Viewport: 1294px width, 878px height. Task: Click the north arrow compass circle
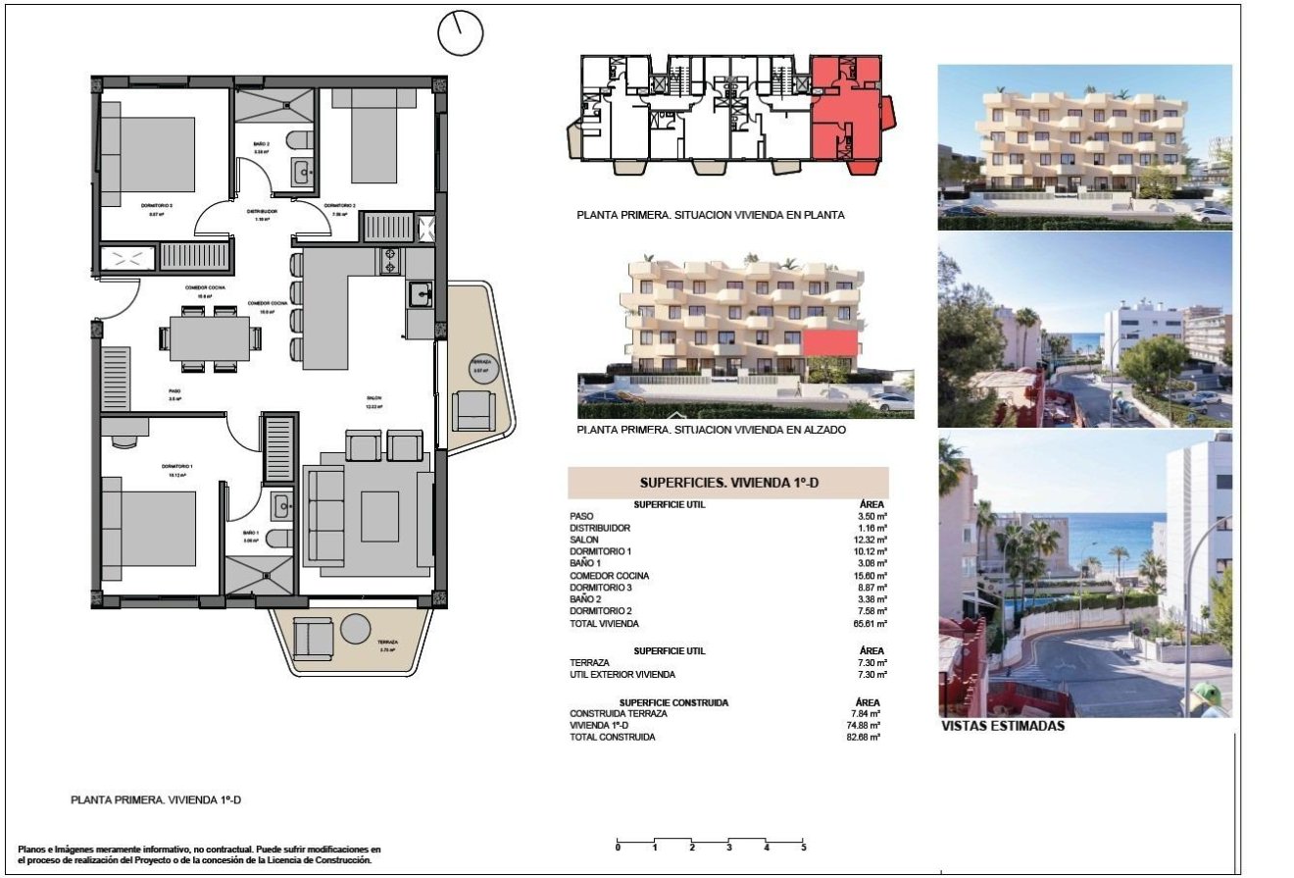pos(460,34)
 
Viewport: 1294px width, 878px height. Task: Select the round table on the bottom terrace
pos(355,628)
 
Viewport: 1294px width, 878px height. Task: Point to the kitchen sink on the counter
pos(421,293)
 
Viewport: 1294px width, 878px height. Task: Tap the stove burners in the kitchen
pos(390,261)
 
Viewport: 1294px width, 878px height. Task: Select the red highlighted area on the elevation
pos(830,342)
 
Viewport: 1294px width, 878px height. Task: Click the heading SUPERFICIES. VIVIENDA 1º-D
pos(727,483)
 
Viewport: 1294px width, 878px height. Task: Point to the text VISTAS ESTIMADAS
pos(1002,727)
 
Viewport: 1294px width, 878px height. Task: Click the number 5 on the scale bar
pos(803,847)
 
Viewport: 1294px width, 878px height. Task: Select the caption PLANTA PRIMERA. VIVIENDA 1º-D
pos(156,801)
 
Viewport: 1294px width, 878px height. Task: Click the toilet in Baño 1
pos(279,538)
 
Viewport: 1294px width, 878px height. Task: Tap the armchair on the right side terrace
pos(474,407)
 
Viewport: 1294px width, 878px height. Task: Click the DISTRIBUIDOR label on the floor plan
pos(262,211)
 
